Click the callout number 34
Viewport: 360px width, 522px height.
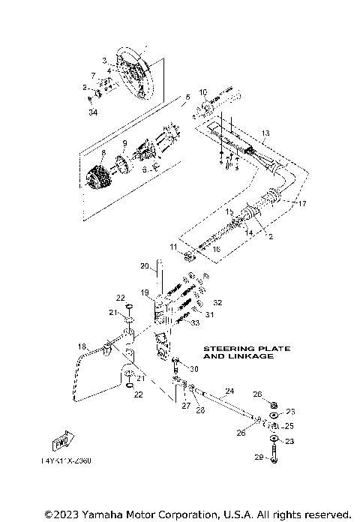click(x=93, y=112)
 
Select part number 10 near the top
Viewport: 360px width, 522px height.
click(x=202, y=93)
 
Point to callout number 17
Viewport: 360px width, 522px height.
click(x=303, y=204)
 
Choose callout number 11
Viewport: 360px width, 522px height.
click(x=173, y=246)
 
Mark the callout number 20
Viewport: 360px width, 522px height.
click(x=145, y=265)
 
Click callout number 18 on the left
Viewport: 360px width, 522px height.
click(x=82, y=346)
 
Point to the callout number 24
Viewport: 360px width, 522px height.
click(x=229, y=391)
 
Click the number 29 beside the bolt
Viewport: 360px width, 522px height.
click(x=258, y=457)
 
